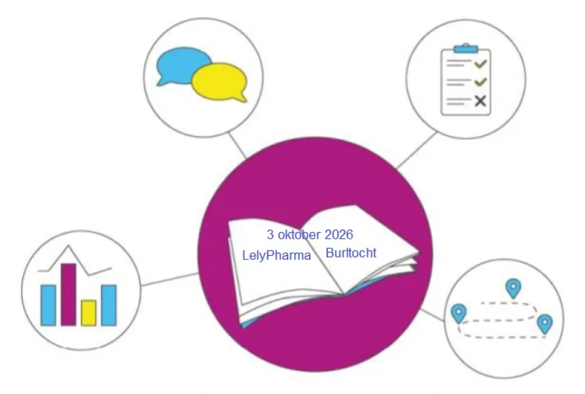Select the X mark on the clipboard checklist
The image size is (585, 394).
pyautogui.click(x=480, y=101)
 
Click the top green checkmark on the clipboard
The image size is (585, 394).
pyautogui.click(x=480, y=64)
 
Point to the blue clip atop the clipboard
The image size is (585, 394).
pyautogui.click(x=466, y=48)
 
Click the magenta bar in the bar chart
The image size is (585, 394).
pyautogui.click(x=68, y=294)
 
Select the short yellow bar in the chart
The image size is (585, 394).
pyautogui.click(x=88, y=312)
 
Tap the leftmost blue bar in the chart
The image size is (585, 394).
pyautogui.click(x=48, y=304)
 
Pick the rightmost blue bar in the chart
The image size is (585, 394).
pyautogui.click(x=108, y=304)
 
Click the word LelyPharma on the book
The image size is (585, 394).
pyautogui.click(x=276, y=256)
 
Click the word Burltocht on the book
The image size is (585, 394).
pyautogui.click(x=350, y=253)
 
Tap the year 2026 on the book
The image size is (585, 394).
pyautogui.click(x=339, y=235)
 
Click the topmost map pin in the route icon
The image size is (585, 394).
pyautogui.click(x=513, y=288)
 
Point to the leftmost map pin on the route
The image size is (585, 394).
pyautogui.click(x=459, y=312)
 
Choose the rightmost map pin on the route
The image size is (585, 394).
pyautogui.click(x=545, y=323)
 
